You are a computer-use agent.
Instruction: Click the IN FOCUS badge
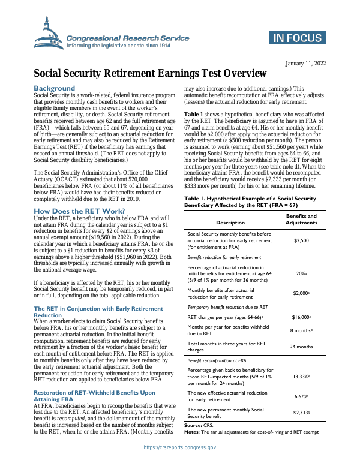pos(296,40)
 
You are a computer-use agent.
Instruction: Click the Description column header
pos(230,222)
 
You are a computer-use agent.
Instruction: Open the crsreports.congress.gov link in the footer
pos(180,447)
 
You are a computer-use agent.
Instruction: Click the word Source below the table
pos(194,425)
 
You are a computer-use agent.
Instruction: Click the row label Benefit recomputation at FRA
pos(217,360)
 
